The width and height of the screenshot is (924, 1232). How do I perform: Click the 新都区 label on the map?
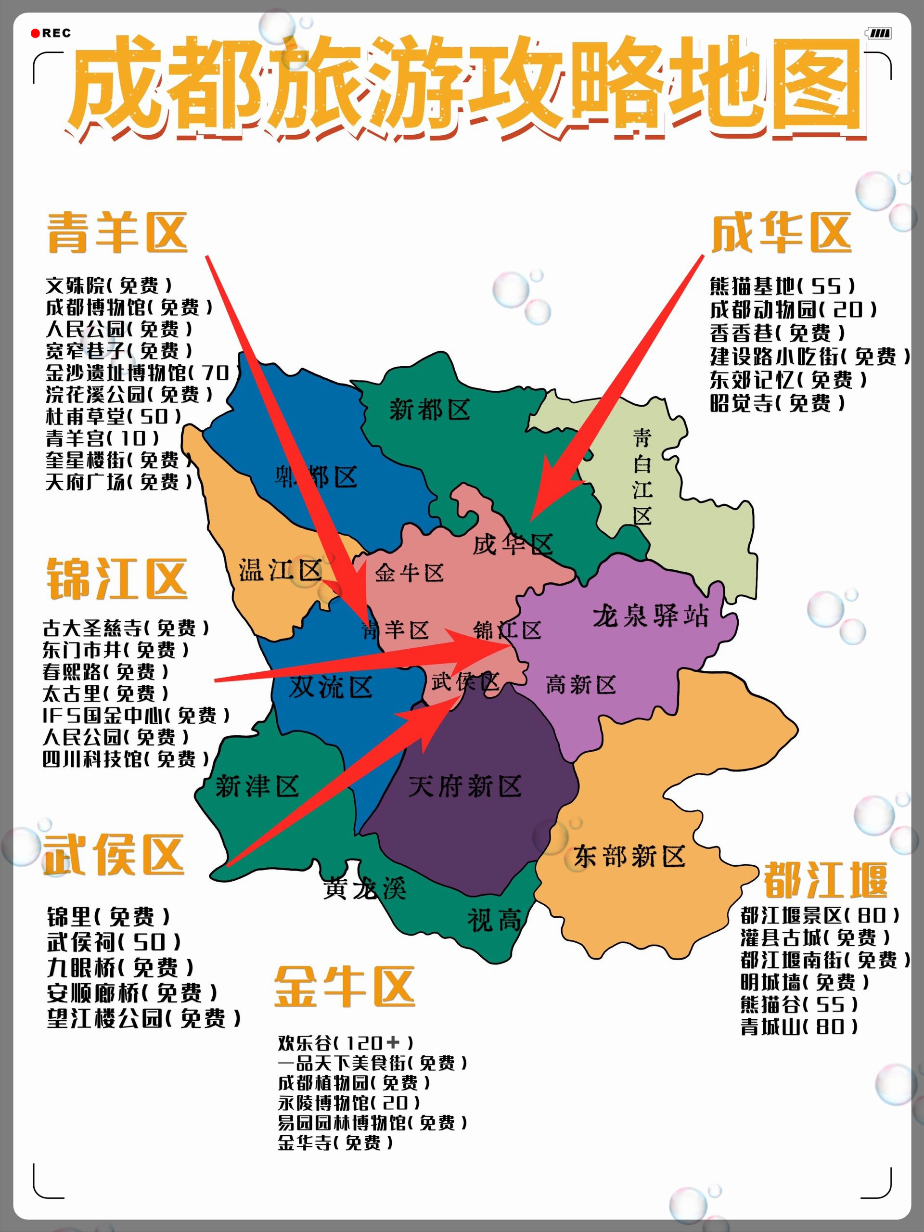(429, 410)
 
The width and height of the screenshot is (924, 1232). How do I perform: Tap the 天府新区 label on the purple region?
(464, 786)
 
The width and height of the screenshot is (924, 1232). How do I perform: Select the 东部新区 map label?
(629, 856)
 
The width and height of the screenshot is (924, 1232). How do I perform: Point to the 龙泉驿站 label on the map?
(650, 616)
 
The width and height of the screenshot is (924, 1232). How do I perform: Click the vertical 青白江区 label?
(642, 477)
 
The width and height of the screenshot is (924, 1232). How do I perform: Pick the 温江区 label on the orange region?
(280, 570)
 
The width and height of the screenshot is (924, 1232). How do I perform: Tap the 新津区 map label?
(257, 786)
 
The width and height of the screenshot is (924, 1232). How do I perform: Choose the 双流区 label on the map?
(330, 687)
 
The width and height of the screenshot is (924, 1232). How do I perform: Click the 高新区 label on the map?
(580, 684)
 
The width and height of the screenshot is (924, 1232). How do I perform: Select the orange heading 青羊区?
(117, 233)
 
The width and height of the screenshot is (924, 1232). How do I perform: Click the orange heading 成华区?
(781, 233)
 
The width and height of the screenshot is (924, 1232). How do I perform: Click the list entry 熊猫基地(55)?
(782, 286)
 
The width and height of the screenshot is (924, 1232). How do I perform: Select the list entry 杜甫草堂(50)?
(114, 416)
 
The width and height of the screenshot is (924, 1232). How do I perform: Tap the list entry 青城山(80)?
(799, 1026)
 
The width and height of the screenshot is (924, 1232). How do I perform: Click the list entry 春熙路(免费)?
(105, 672)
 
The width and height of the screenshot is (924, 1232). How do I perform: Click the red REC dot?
(36, 33)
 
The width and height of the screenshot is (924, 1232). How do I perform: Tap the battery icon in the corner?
(879, 33)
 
